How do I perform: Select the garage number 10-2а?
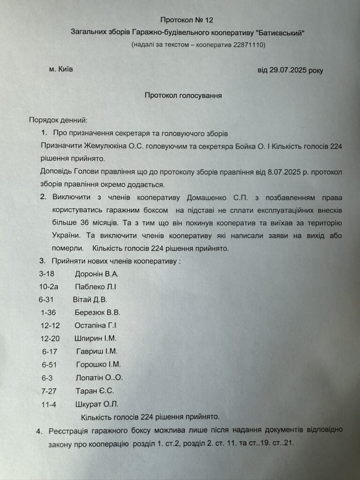pyautogui.click(x=50, y=286)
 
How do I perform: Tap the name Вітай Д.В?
pyautogui.click(x=90, y=300)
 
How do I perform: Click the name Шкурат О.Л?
pyautogui.click(x=97, y=404)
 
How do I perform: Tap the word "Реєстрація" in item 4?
pyautogui.click(x=71, y=430)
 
